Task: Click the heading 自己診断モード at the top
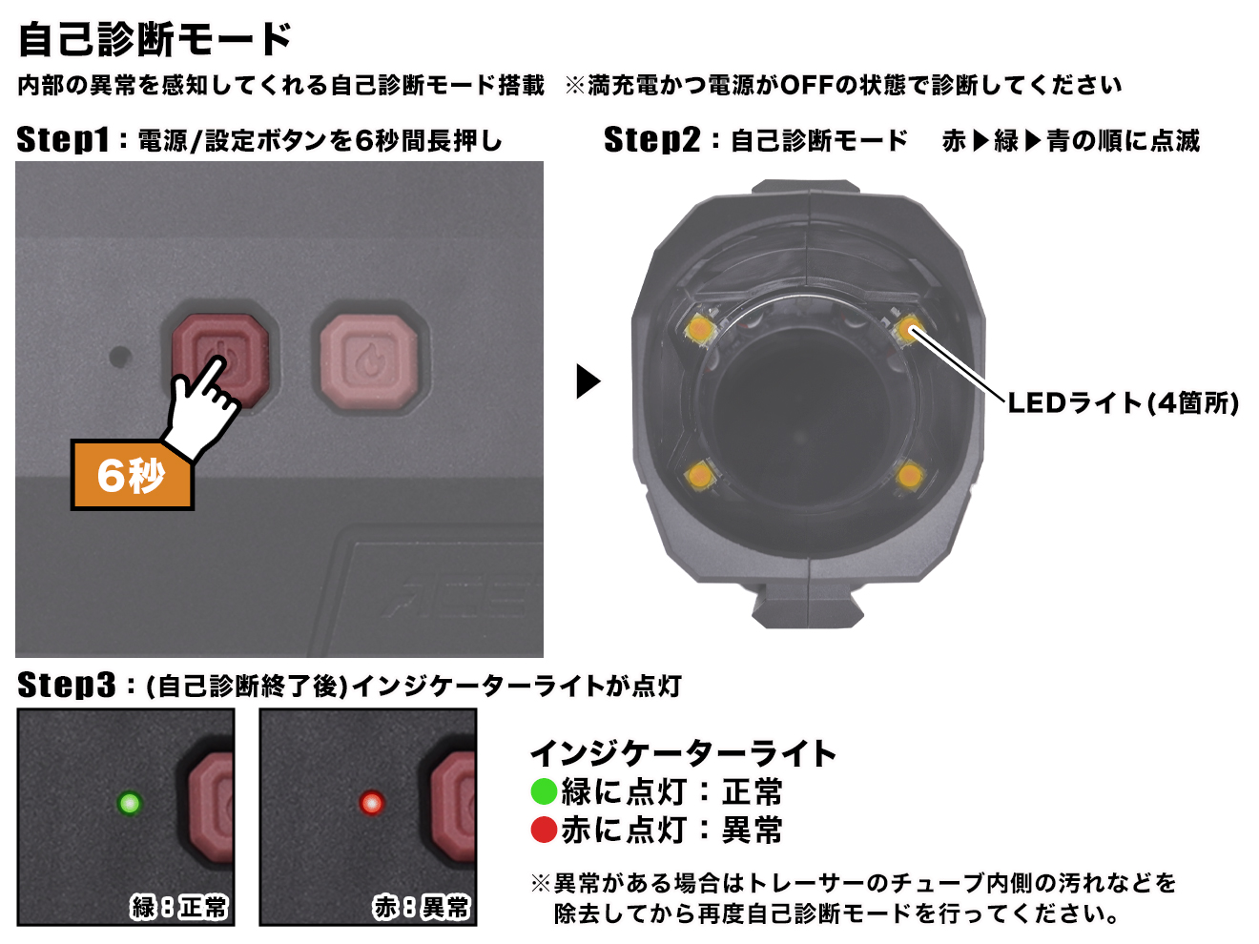[155, 39]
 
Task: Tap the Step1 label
[63, 140]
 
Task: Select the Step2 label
[652, 140]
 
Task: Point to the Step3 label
[66, 685]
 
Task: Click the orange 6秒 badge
[132, 475]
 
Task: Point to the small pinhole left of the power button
[120, 358]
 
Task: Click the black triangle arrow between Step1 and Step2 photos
[588, 381]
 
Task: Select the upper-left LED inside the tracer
[700, 329]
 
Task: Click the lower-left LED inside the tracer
[700, 474]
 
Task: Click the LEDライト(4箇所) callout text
[1123, 403]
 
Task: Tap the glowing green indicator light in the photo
[129, 803]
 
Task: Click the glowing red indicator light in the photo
[371, 803]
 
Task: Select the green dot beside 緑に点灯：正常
[544, 791]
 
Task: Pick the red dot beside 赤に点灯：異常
[544, 830]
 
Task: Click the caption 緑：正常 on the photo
[179, 907]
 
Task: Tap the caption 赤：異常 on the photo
[422, 907]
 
